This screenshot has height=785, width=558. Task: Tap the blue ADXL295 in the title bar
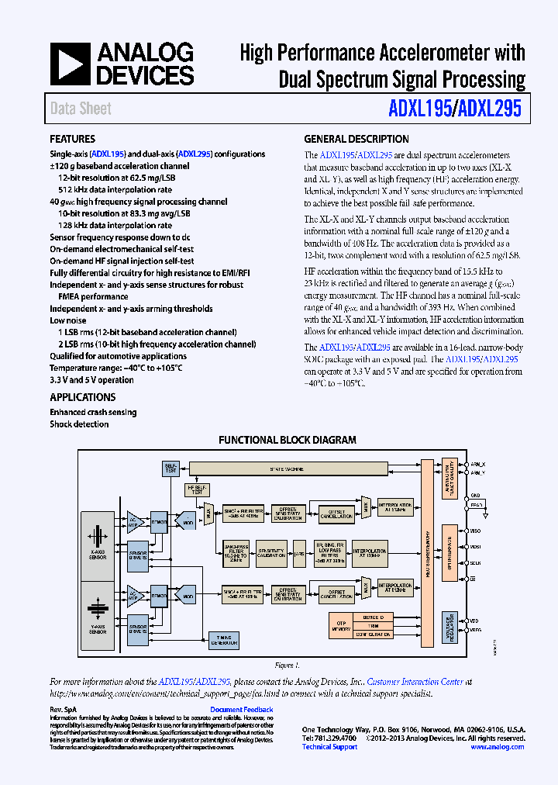click(x=490, y=109)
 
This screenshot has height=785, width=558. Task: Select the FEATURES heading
click(x=73, y=140)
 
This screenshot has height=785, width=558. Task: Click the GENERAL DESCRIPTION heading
click(x=356, y=140)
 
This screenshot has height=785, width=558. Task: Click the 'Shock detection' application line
click(x=79, y=424)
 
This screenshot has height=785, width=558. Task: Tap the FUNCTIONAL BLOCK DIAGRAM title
click(x=287, y=440)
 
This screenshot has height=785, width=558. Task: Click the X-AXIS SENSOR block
click(x=97, y=543)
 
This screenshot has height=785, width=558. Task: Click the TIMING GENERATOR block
click(x=225, y=641)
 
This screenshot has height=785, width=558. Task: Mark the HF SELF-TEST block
click(x=198, y=489)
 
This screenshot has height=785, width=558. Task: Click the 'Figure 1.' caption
click(x=286, y=666)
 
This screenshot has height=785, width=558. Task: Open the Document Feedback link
click(x=242, y=710)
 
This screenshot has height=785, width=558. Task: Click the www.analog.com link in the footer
click(x=497, y=746)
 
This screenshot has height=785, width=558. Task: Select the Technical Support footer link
click(x=329, y=746)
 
